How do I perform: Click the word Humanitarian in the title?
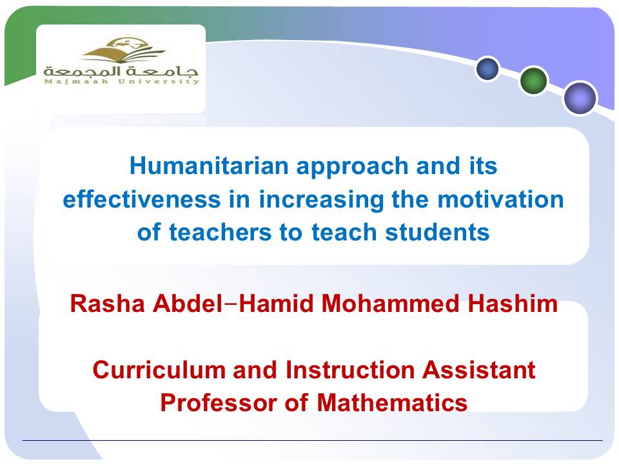(209, 166)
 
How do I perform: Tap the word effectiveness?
(142, 199)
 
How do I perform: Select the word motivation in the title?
(500, 199)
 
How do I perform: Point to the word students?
(437, 232)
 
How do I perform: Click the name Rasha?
(108, 304)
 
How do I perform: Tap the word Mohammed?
(390, 304)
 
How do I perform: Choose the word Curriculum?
(159, 371)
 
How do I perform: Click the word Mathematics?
(392, 403)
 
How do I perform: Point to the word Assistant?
(478, 371)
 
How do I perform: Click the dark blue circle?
(487, 69)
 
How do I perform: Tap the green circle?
(533, 81)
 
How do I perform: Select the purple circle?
(580, 98)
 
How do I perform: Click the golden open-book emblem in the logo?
(123, 50)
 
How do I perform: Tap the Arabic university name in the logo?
(121, 72)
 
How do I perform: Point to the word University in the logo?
(159, 82)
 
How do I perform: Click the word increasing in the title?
(321, 200)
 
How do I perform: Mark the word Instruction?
(349, 371)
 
